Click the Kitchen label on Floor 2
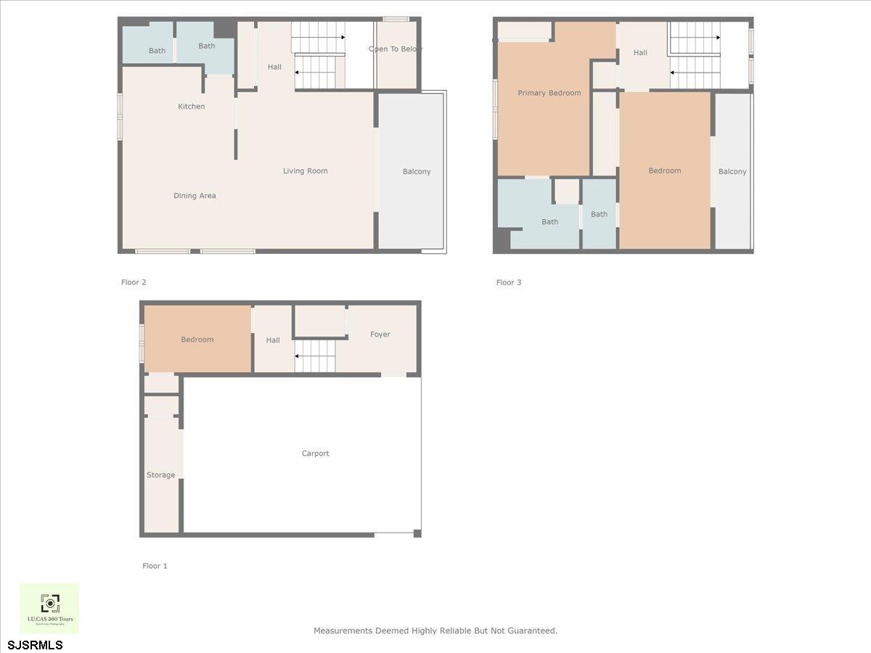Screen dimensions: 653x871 [192, 107]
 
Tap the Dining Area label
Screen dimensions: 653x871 [195, 196]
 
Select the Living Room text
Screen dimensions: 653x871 [305, 171]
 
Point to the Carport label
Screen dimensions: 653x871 [316, 453]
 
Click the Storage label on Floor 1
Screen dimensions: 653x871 [160, 475]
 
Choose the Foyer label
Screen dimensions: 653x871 [380, 334]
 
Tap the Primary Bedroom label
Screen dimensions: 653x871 [549, 93]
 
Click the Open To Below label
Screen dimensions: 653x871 [396, 49]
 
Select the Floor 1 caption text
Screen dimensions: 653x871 [155, 566]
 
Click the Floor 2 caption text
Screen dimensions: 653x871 [134, 282]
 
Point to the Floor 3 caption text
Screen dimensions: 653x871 [509, 282]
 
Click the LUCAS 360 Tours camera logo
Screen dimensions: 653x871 [49, 603]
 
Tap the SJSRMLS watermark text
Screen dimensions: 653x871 [35, 644]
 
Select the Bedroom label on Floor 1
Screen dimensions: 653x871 [197, 340]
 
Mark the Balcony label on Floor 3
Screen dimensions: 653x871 [732, 172]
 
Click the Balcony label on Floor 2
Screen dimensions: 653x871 [417, 172]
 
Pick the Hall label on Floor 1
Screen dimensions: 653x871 [273, 340]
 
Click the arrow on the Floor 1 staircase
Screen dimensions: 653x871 [298, 356]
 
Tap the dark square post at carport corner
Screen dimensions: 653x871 [417, 534]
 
